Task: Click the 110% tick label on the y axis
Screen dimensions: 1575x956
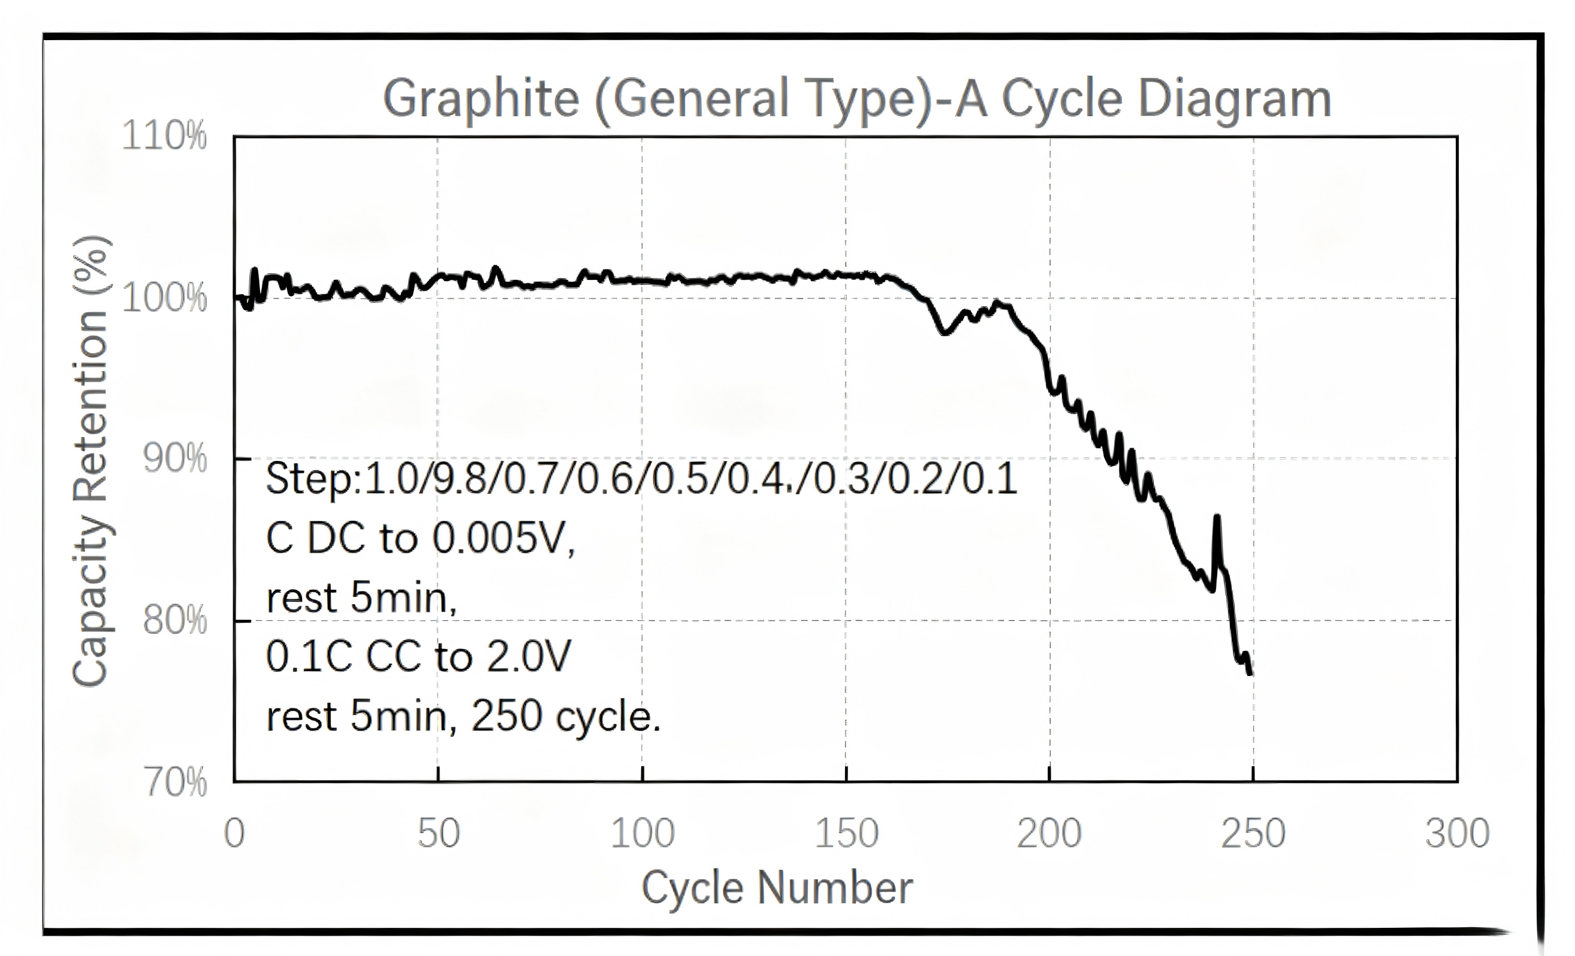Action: (164, 135)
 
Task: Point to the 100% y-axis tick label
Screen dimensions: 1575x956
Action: (164, 298)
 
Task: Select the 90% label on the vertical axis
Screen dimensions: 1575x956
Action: (174, 459)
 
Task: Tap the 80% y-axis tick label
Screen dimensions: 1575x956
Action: (174, 620)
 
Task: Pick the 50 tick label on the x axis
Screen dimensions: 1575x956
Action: (439, 833)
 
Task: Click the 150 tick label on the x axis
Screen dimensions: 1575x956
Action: (846, 833)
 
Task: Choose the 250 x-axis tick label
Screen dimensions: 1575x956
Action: (1253, 833)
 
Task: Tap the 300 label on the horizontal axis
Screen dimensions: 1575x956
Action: (1458, 833)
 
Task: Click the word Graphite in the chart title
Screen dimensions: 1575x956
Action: (481, 99)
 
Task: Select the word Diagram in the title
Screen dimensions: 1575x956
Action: (1235, 99)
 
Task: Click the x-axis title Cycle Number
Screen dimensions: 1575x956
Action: (777, 888)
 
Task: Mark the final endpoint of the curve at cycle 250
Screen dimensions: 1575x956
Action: (1250, 673)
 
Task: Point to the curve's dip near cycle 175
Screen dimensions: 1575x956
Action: (944, 331)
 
